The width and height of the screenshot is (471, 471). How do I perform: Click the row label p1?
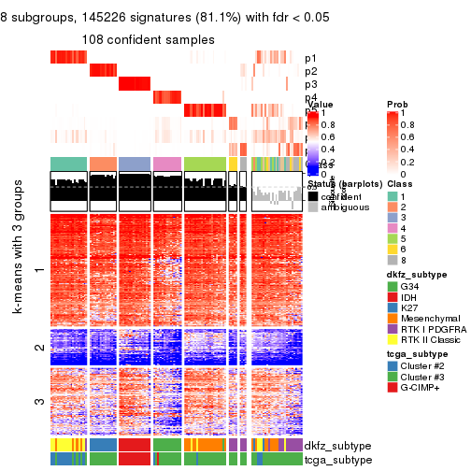(x=310, y=58)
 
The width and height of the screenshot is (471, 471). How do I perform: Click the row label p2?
(x=310, y=71)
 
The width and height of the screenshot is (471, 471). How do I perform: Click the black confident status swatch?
(x=312, y=196)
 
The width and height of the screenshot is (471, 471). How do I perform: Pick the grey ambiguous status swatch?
(x=312, y=207)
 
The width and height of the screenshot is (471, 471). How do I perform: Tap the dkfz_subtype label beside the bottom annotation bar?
(x=331, y=446)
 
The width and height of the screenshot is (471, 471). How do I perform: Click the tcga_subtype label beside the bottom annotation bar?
(x=331, y=459)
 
